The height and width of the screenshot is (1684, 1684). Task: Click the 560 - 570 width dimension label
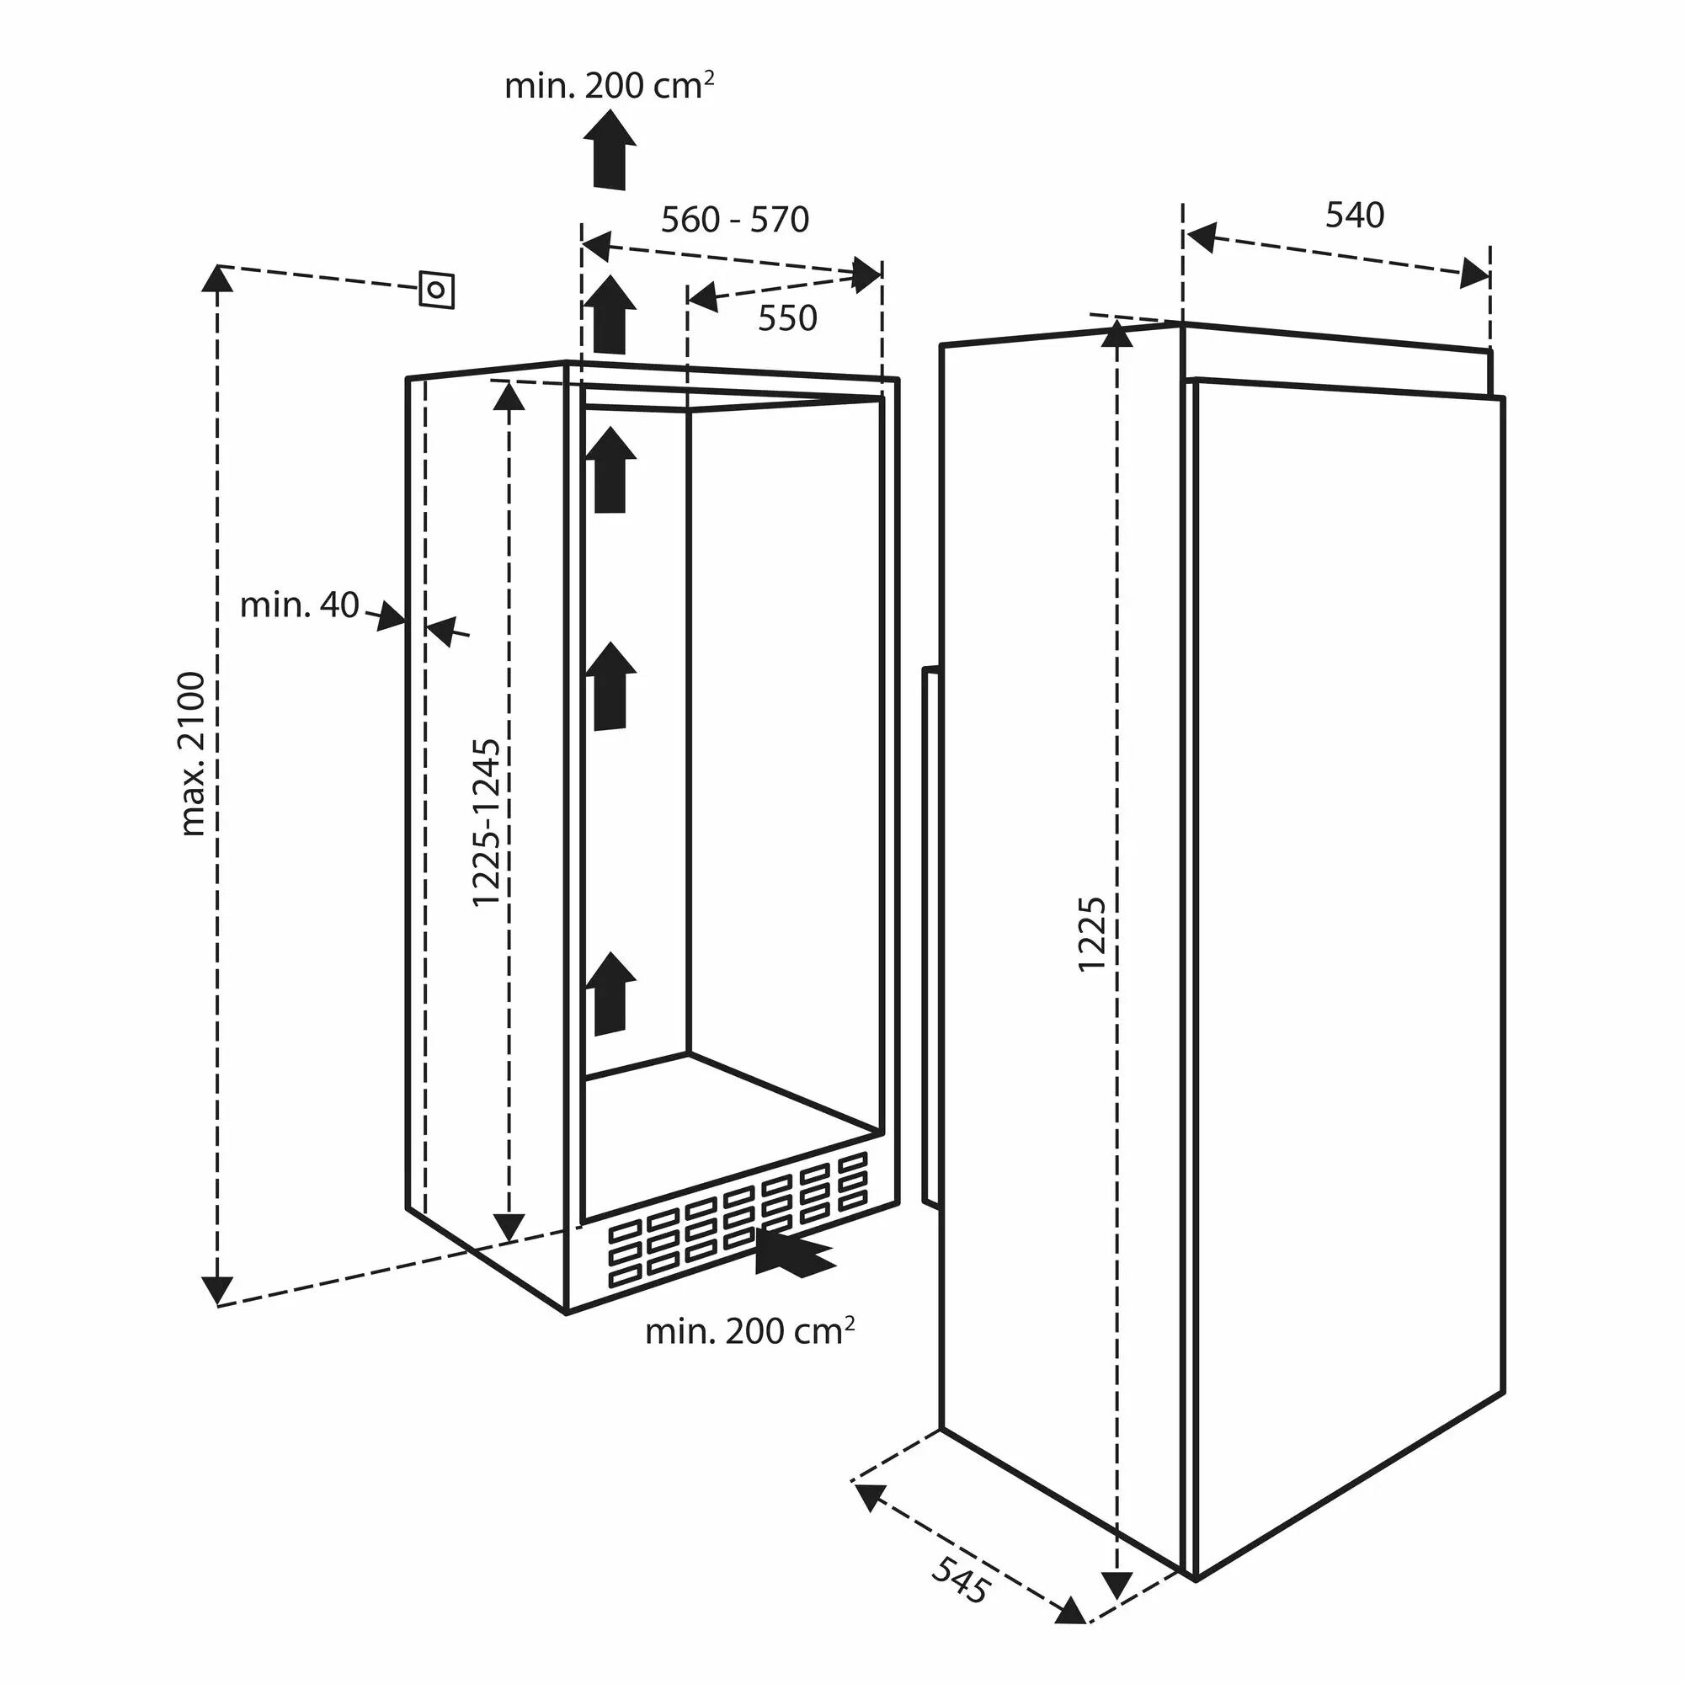[735, 220]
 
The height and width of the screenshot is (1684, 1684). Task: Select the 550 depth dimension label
[787, 319]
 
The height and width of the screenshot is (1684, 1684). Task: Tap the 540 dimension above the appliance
[1355, 216]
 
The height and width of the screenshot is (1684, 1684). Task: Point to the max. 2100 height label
[191, 754]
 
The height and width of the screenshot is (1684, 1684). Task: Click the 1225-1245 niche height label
[487, 823]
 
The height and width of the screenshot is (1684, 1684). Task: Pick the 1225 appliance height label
[1092, 934]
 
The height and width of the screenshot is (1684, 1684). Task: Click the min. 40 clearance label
[299, 605]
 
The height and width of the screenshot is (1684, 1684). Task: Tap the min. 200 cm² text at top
[610, 85]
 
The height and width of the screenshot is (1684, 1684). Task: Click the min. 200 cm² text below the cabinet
[749, 1332]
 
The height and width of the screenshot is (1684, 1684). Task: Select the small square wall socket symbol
[437, 290]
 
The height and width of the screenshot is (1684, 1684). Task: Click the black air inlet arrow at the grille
[793, 1254]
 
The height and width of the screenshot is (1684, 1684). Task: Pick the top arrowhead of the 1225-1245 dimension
[510, 396]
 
